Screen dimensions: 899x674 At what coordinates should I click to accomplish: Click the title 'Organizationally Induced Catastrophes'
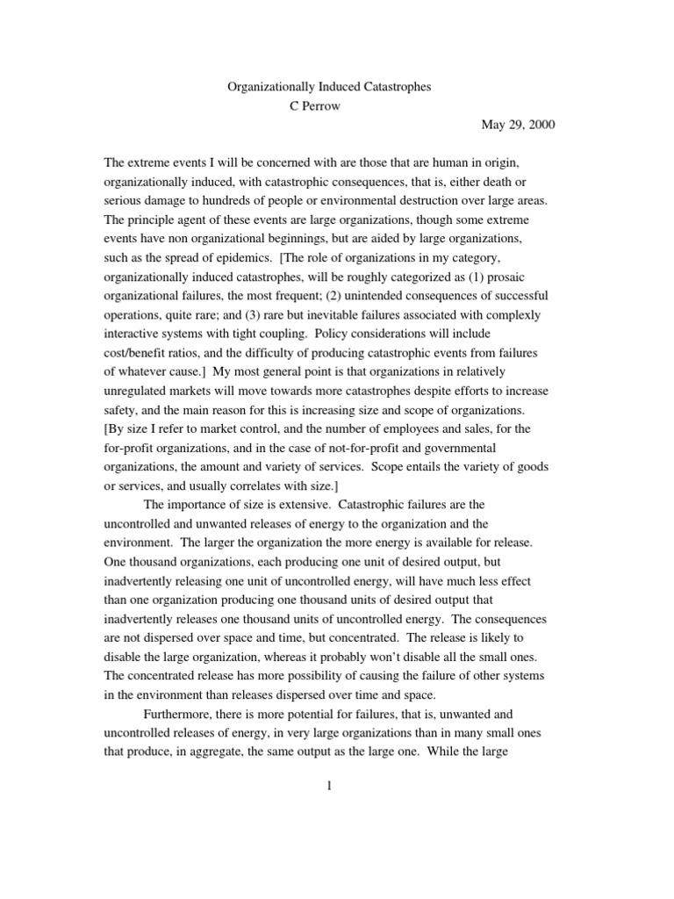[329, 89]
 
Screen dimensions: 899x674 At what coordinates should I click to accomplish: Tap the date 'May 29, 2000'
[518, 124]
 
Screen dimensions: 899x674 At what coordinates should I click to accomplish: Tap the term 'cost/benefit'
[139, 352]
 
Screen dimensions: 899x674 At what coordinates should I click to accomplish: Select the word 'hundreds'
[230, 182]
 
